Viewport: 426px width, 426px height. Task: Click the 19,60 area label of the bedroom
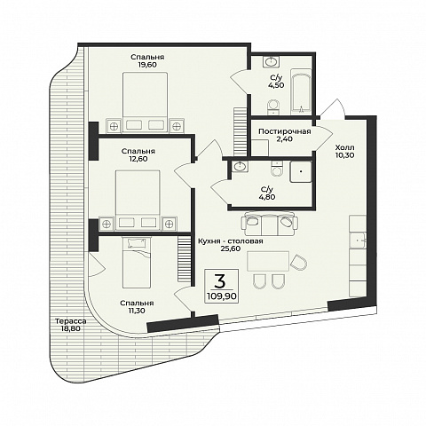147,65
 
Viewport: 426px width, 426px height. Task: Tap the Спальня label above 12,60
138,151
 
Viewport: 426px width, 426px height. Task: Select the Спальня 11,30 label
137,307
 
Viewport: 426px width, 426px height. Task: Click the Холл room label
345,147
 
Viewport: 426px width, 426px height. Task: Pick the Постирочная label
285,131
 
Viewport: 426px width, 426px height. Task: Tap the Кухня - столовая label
231,241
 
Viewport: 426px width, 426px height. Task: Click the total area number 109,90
222,296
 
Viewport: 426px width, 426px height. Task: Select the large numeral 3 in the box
220,281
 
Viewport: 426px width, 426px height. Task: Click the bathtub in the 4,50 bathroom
301,91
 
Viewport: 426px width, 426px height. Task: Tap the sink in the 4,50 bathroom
271,62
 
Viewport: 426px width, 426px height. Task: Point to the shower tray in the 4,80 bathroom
301,171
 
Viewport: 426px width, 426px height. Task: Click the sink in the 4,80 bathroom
240,167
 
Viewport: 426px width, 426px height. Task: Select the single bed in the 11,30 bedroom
137,262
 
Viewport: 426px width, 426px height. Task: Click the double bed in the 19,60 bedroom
146,102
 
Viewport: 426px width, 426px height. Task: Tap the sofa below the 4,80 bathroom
270,224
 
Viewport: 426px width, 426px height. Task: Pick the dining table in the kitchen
268,261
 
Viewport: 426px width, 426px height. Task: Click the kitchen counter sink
358,241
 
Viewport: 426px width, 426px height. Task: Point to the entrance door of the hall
333,109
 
